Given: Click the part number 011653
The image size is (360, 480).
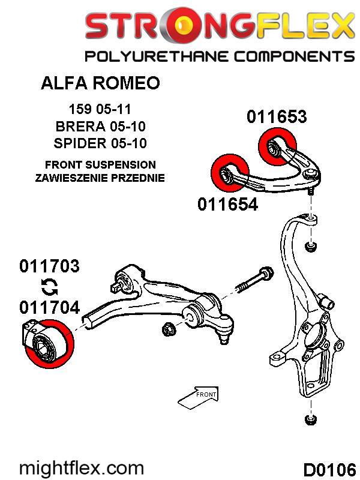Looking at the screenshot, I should coord(276,116).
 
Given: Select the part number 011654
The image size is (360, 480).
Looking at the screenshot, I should coord(227,204).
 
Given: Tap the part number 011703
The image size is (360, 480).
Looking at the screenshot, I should coord(49,266).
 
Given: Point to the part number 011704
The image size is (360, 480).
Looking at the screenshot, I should coord(49,308).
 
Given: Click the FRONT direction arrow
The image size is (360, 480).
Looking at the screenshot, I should coord(199,395).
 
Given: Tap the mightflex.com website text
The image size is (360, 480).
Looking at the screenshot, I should coord(82,467).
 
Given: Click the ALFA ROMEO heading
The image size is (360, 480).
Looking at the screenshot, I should coord(100,83).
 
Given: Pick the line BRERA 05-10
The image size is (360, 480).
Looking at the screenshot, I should coord(100,127).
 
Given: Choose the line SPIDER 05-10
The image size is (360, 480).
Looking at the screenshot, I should coord(100,143).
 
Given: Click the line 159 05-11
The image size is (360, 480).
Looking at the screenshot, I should coord(100,110).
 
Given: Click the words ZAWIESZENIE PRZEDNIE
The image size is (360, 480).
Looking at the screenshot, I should coord(100,178).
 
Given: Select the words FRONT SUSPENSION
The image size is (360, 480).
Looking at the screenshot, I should coord(100,164).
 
